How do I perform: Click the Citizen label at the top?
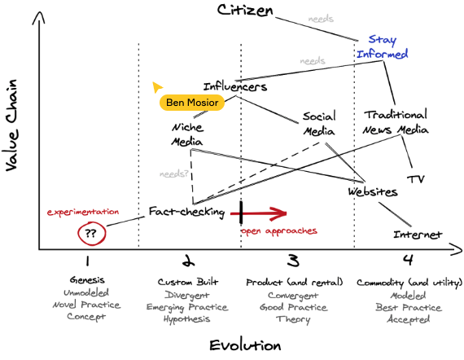click(245, 11)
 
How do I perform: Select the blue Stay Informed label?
click(383, 46)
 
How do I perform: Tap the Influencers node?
click(235, 86)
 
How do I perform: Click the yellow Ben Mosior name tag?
click(192, 103)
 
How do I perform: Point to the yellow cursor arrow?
click(157, 87)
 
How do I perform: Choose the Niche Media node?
click(187, 134)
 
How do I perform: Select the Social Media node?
click(319, 124)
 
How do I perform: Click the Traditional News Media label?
click(396, 122)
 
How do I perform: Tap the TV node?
click(416, 179)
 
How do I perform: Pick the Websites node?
click(373, 192)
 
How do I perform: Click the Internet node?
click(418, 235)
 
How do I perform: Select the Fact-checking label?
click(186, 212)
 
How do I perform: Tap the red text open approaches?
click(279, 231)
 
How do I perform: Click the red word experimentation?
click(83, 212)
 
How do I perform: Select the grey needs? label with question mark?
click(173, 173)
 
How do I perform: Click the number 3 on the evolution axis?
click(293, 261)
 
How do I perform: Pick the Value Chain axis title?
click(11, 125)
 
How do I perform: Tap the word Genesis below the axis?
click(87, 279)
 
